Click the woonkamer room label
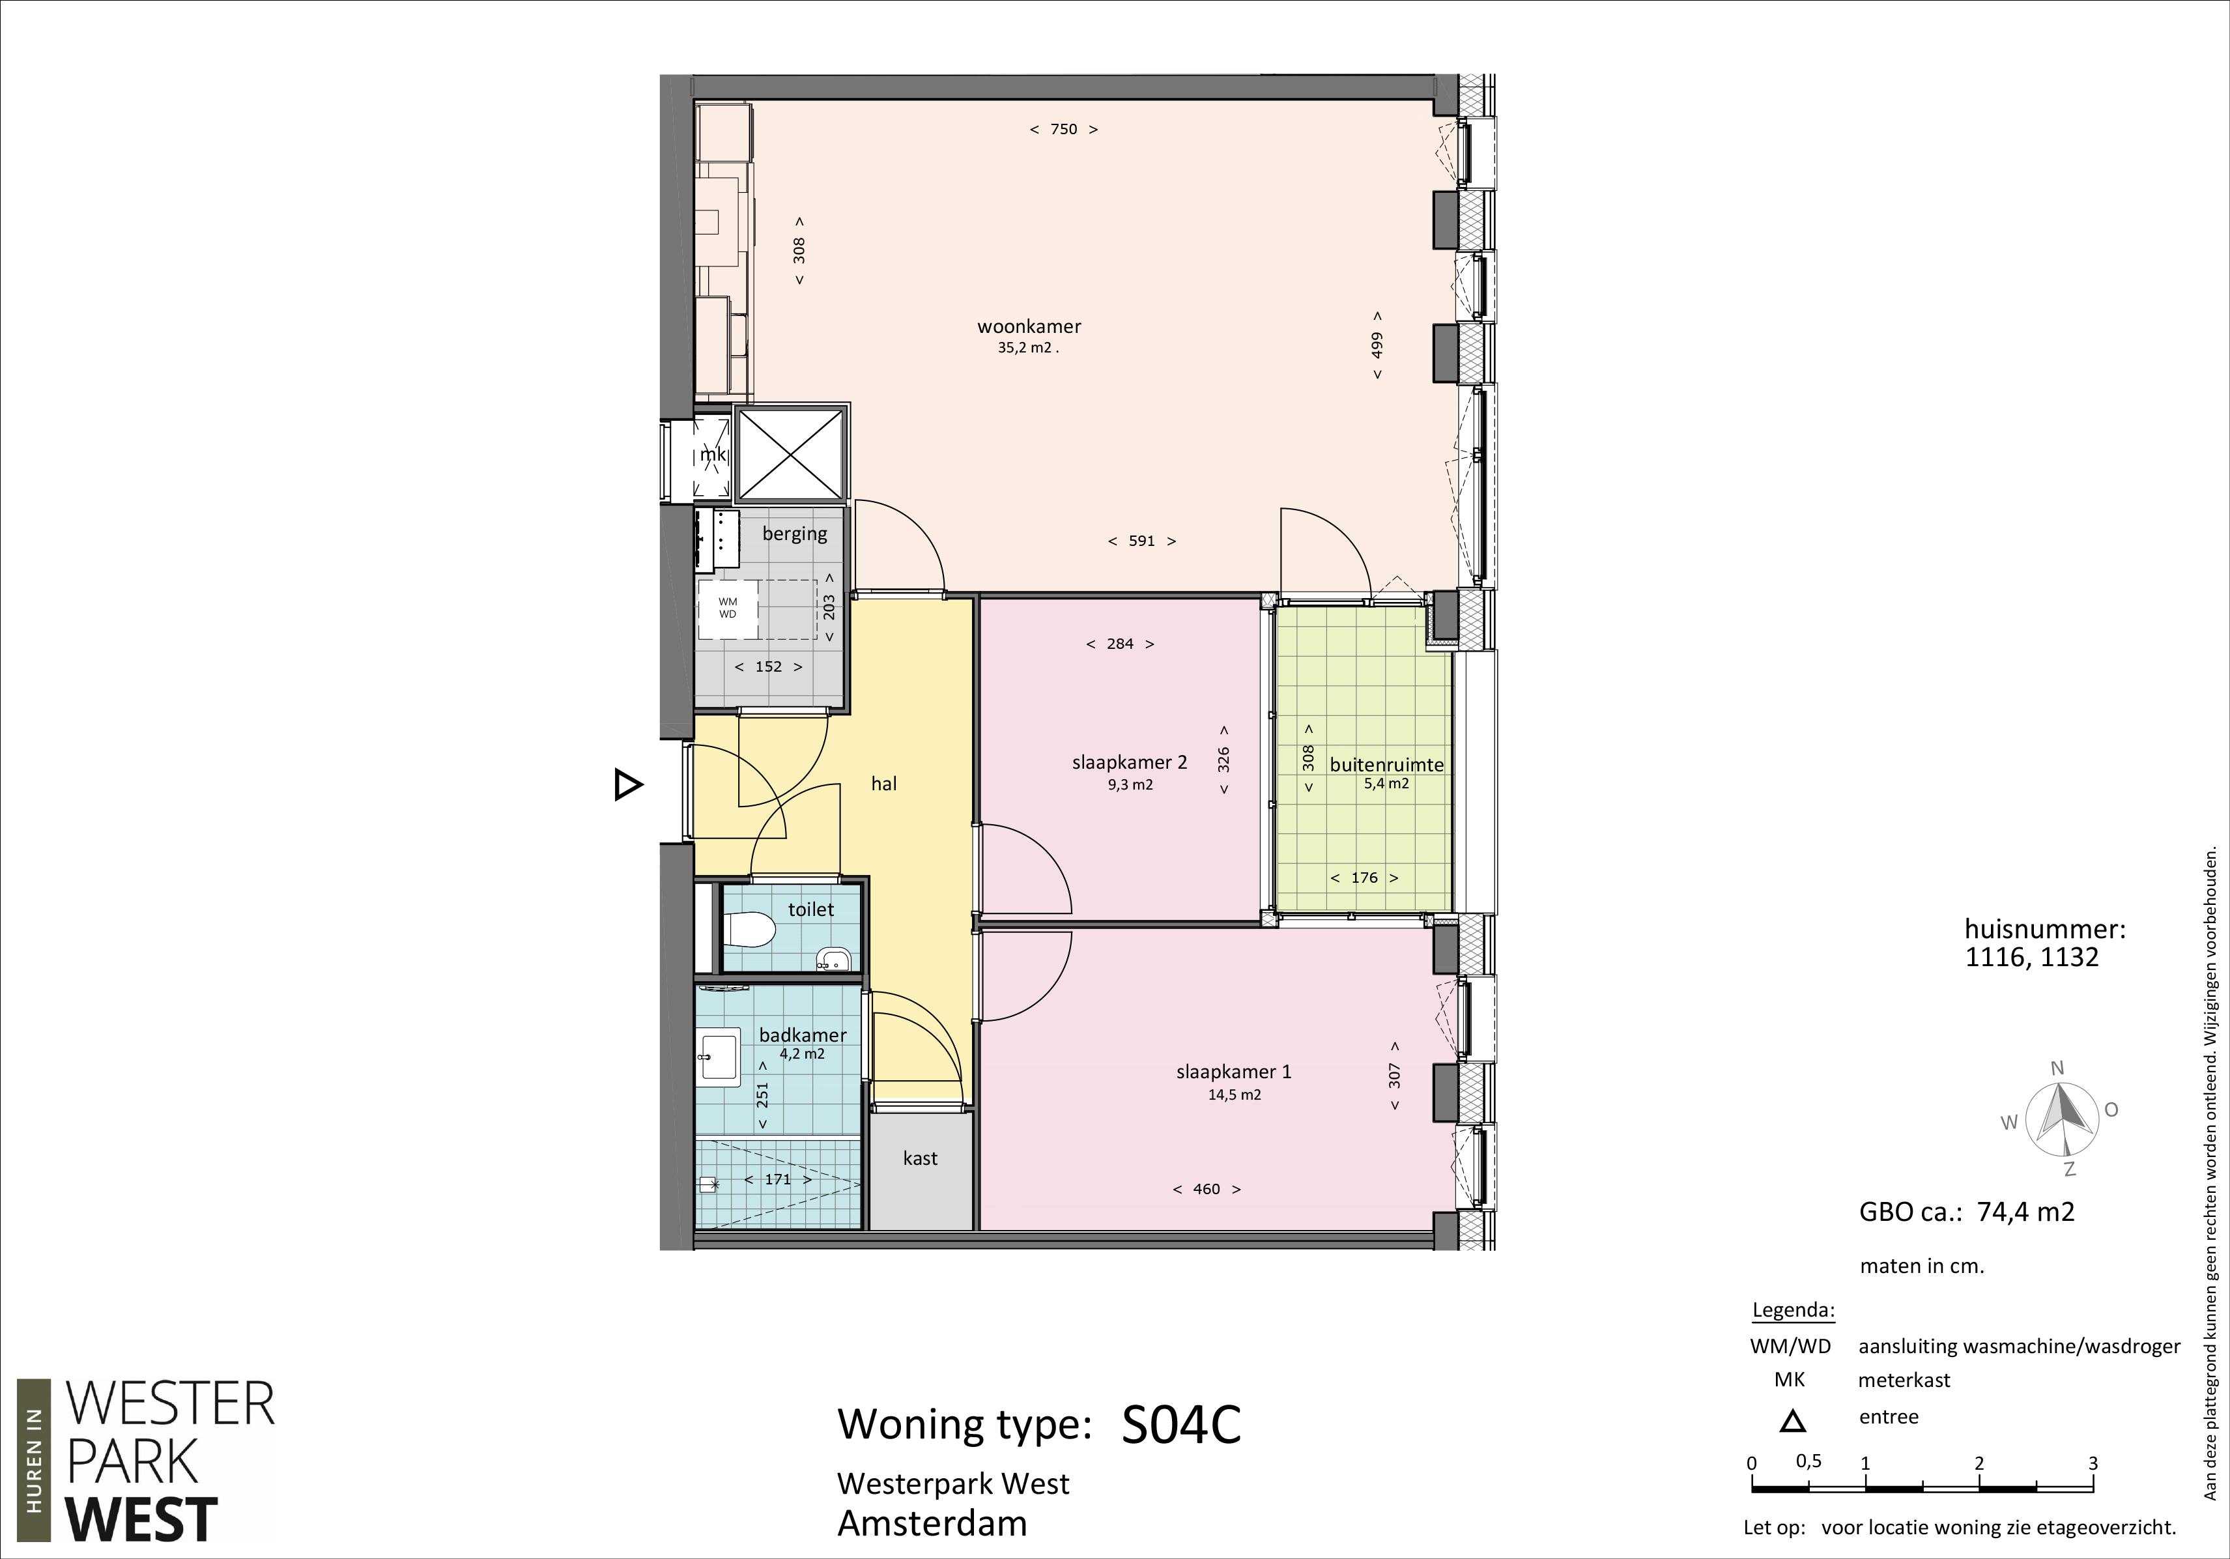pyautogui.click(x=1029, y=326)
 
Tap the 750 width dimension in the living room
pyautogui.click(x=1063, y=129)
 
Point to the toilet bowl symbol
pyautogui.click(x=752, y=930)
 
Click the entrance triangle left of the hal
pyautogui.click(x=627, y=784)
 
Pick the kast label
pyautogui.click(x=920, y=1158)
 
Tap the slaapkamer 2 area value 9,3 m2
pyautogui.click(x=1130, y=785)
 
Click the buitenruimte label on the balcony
pyautogui.click(x=1386, y=764)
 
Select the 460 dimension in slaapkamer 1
pyautogui.click(x=1207, y=1189)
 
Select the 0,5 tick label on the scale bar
pyautogui.click(x=1808, y=1461)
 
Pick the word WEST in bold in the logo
pyautogui.click(x=142, y=1520)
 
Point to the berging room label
pyautogui.click(x=795, y=534)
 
